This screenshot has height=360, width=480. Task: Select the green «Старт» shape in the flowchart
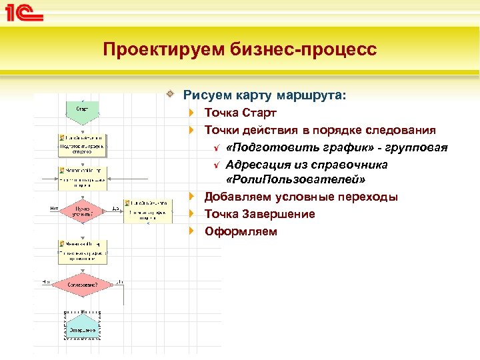[83, 109]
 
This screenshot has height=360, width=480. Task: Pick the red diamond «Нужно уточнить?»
[83, 211]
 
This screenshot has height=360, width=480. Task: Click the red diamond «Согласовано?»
[83, 285]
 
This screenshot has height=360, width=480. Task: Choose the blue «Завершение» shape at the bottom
[83, 328]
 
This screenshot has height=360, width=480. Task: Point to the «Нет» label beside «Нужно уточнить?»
[55, 208]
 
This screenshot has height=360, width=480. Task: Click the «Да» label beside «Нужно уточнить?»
[115, 208]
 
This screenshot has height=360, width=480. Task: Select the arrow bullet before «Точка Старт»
[192, 113]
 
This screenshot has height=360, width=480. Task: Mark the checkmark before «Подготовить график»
[215, 147]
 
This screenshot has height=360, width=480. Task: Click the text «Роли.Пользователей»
[296, 180]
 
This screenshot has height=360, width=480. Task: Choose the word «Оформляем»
[240, 231]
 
